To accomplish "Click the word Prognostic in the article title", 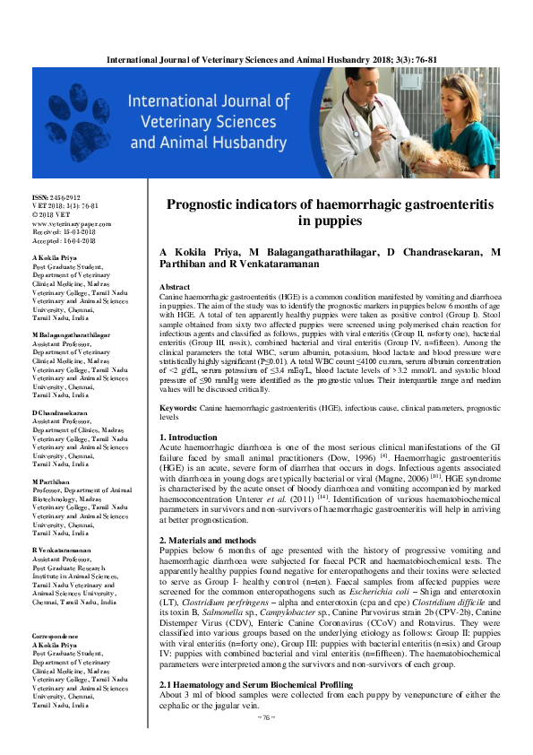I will click(210, 205).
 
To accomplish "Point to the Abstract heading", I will click(175, 287).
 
